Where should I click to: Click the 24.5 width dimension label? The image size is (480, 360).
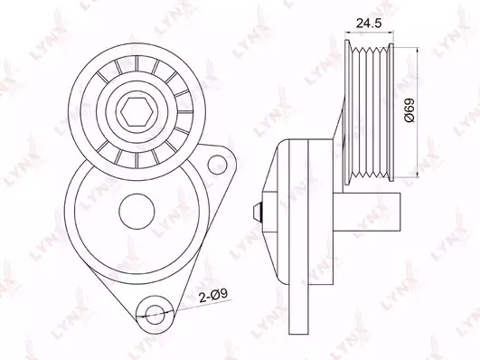coord(369,23)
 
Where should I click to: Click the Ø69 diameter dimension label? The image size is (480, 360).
coord(409,110)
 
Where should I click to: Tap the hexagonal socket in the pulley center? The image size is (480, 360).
coord(136,112)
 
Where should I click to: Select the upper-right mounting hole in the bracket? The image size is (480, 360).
coord(217,165)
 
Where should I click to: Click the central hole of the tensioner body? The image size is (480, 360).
coord(136,211)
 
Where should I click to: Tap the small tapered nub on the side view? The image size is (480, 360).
coord(258,212)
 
